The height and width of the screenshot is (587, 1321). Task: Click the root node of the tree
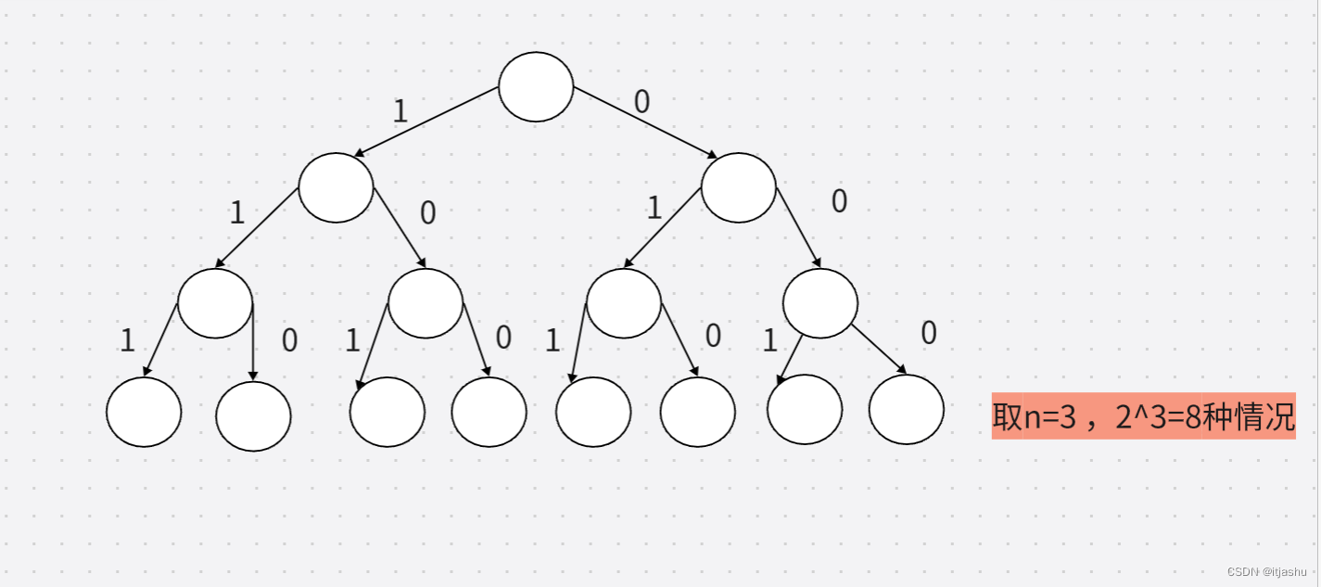click(536, 87)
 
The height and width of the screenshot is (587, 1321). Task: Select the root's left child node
click(336, 188)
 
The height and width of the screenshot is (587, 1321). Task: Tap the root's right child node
click(738, 188)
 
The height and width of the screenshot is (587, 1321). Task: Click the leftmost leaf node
click(144, 413)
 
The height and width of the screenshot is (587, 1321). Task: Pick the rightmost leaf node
click(907, 410)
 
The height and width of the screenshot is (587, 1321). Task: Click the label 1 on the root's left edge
click(400, 112)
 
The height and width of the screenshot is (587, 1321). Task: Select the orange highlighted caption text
click(1143, 415)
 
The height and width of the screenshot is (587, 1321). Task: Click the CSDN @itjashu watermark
click(1267, 571)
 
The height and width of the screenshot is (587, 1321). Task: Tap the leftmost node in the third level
click(215, 303)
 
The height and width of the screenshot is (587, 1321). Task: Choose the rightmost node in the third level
click(820, 303)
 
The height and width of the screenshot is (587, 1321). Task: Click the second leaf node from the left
click(253, 416)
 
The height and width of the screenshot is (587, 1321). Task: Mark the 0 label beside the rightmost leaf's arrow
click(929, 333)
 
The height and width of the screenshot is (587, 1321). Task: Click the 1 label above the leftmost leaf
click(128, 341)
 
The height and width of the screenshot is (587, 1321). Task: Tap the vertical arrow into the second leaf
click(253, 343)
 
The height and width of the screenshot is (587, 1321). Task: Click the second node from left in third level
click(426, 303)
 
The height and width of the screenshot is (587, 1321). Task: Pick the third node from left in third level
click(624, 303)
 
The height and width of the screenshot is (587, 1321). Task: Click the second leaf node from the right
click(805, 410)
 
